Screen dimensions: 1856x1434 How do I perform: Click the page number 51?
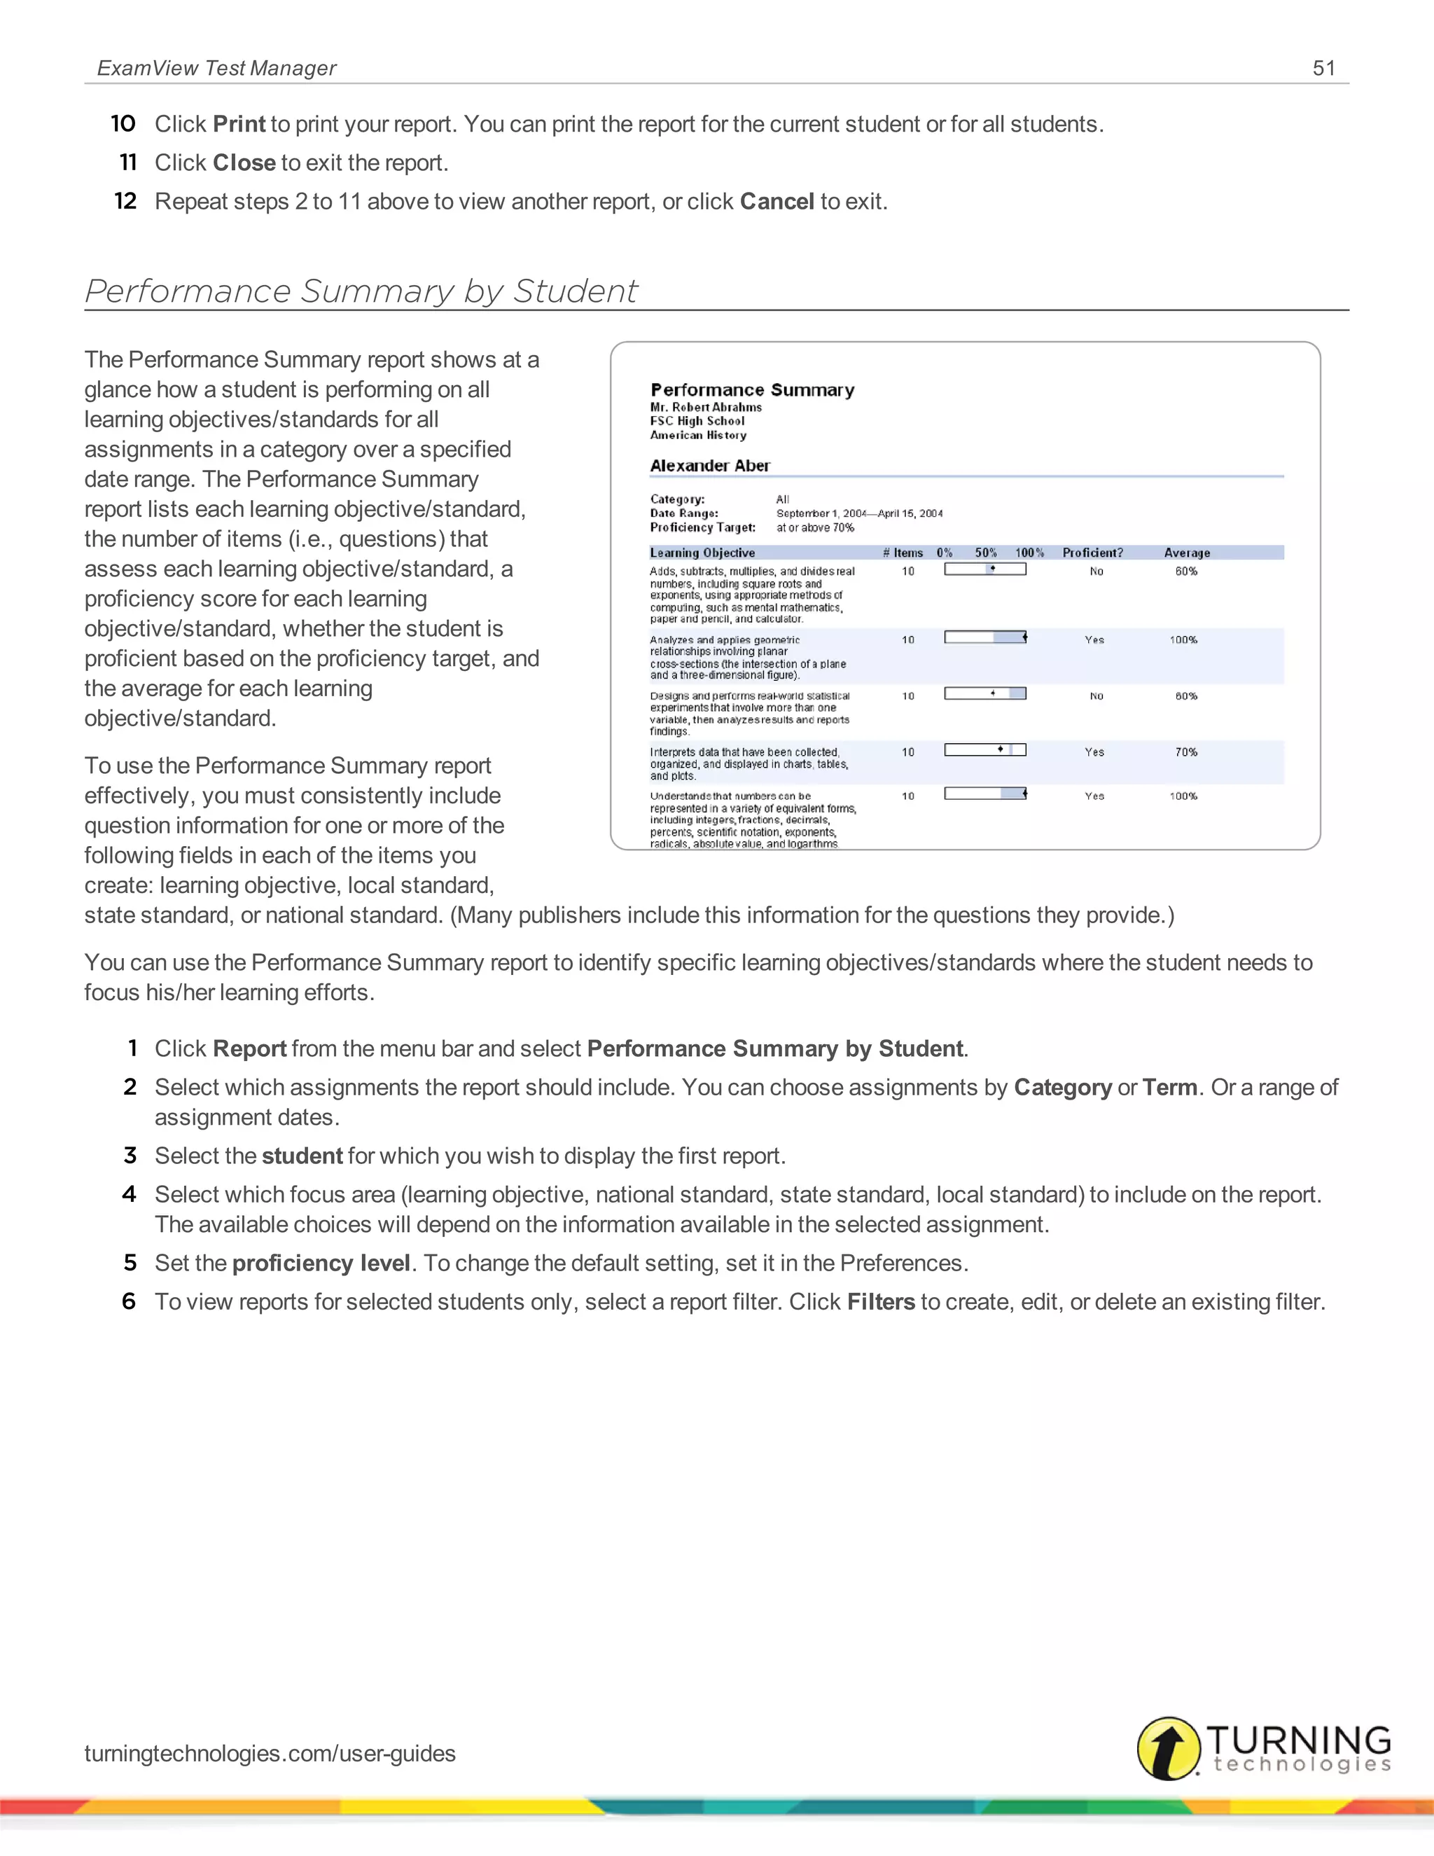click(1323, 68)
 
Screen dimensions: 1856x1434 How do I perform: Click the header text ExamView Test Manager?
click(216, 68)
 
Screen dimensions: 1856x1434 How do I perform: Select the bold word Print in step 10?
click(239, 124)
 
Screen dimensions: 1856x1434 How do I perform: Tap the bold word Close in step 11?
click(244, 162)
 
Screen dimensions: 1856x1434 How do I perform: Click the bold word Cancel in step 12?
click(777, 202)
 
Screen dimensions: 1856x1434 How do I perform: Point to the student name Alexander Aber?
click(709, 466)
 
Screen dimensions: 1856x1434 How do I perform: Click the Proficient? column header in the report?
click(1092, 553)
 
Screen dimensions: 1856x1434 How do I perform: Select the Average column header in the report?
click(1186, 553)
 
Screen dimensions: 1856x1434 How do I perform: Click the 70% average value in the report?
click(1186, 752)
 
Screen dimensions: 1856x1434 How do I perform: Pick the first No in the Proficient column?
click(1096, 571)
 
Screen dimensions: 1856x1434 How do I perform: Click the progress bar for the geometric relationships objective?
click(984, 637)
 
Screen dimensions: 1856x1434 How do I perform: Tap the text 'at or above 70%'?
click(815, 528)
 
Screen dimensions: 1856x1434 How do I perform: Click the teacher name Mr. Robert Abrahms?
click(705, 407)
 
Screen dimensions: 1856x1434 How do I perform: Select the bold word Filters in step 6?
click(880, 1302)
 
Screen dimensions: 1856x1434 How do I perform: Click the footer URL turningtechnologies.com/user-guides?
click(270, 1753)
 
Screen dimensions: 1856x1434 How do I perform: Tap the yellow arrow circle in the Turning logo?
click(1168, 1748)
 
